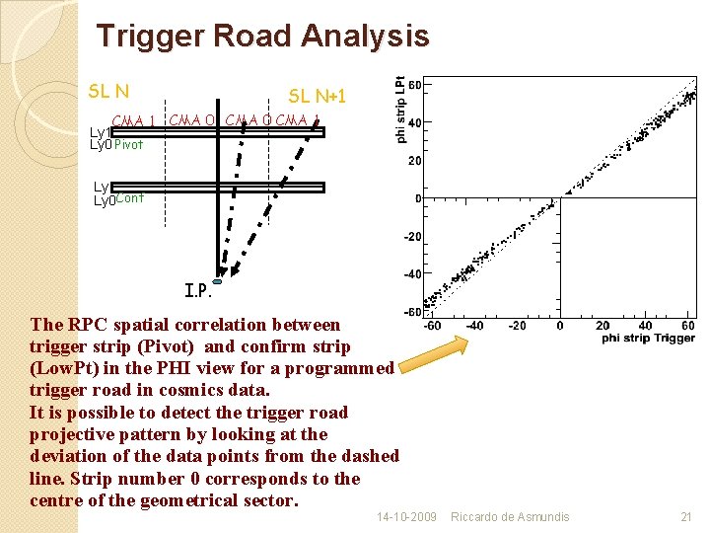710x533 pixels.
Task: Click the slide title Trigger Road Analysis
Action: click(x=262, y=37)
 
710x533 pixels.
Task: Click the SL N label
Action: click(x=108, y=91)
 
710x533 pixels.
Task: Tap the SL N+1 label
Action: click(x=317, y=96)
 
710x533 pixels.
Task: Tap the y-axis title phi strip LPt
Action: click(x=400, y=110)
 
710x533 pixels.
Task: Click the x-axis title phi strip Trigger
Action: click(x=649, y=339)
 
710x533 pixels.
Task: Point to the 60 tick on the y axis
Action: click(x=415, y=85)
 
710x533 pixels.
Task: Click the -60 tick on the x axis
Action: click(x=432, y=326)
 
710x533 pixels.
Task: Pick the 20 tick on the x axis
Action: click(x=603, y=326)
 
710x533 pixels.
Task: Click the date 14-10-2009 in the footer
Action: click(x=406, y=517)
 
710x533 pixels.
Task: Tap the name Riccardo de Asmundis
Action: click(x=510, y=517)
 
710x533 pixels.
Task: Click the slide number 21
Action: click(x=686, y=517)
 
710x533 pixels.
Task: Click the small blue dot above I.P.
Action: click(x=217, y=281)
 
